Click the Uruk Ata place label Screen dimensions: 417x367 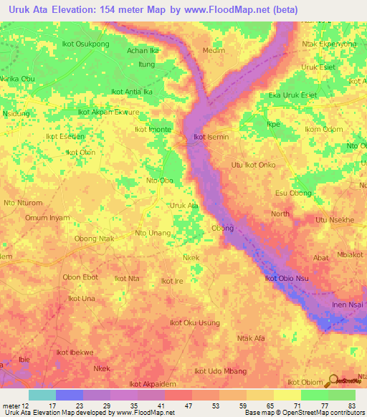pyautogui.click(x=183, y=206)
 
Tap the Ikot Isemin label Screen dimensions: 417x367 pyautogui.click(x=209, y=137)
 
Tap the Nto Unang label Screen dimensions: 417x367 pyautogui.click(x=153, y=233)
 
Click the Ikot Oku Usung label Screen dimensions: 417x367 pyautogui.click(x=194, y=322)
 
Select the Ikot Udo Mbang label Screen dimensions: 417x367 pyautogui.click(x=221, y=371)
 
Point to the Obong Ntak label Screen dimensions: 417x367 pyautogui.click(x=95, y=239)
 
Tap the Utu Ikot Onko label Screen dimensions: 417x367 pyautogui.click(x=253, y=165)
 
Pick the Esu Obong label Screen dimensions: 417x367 pyautogui.click(x=294, y=193)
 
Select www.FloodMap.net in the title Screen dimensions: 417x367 pyautogui.click(x=237, y=9)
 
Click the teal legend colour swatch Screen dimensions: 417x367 pyautogui.click(x=42, y=395)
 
